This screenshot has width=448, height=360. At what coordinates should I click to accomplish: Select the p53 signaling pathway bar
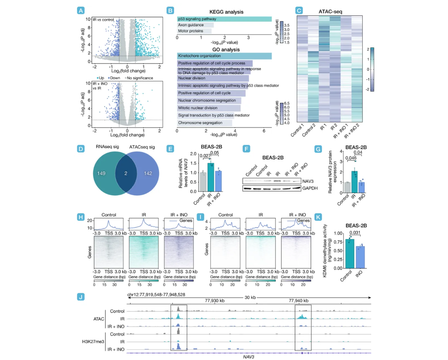224,19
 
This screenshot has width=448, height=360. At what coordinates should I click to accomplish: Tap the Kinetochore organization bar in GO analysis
224,56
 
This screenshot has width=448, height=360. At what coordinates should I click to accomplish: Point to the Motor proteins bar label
191,31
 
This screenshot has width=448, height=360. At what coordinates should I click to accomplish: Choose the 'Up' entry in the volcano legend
100,78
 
